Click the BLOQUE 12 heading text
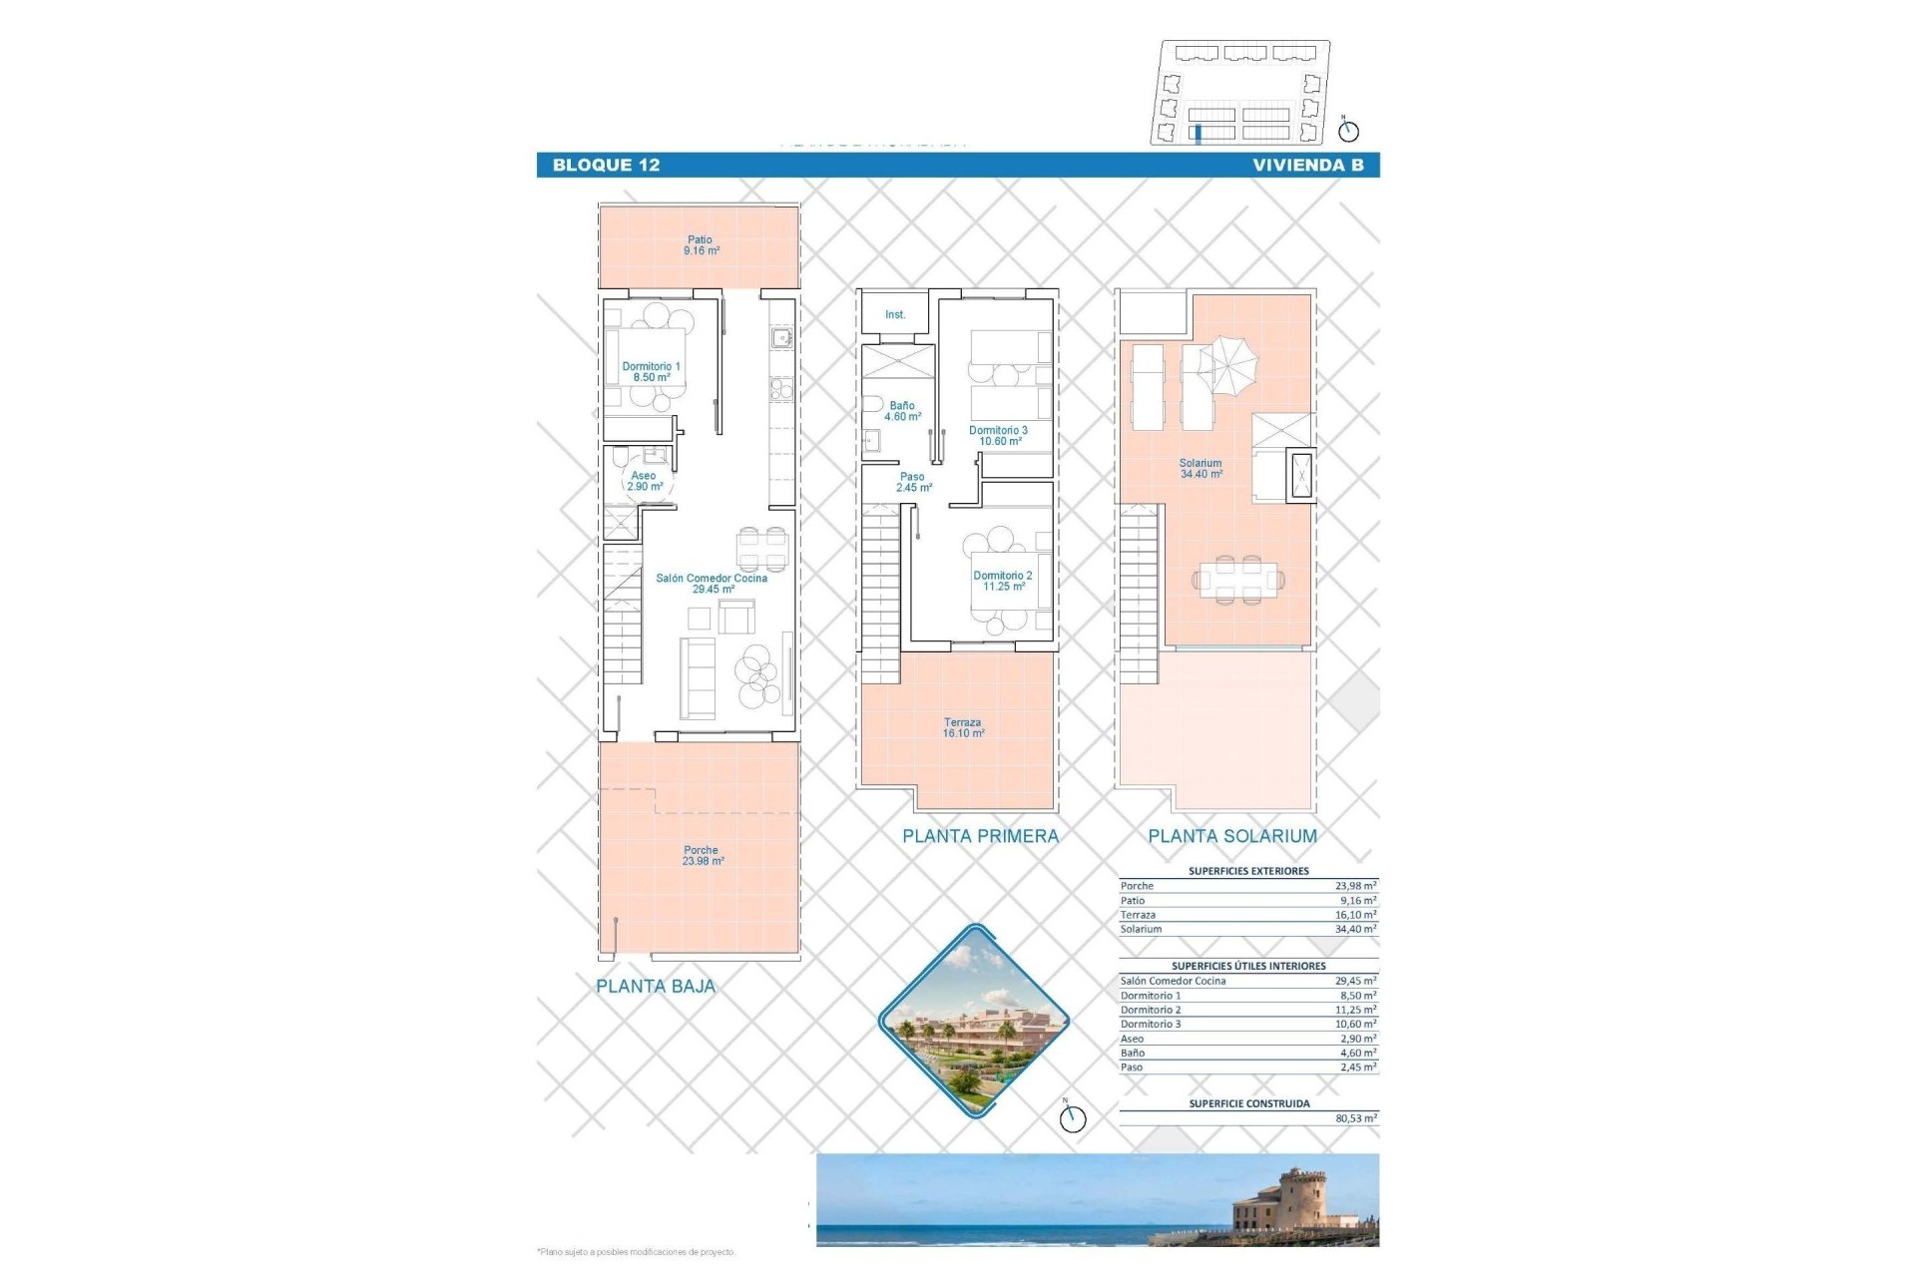(x=606, y=166)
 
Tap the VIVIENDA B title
(x=1307, y=166)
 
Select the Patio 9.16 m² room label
(x=701, y=245)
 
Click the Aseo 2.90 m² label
(x=644, y=481)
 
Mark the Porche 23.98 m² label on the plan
(x=702, y=856)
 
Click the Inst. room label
(x=895, y=315)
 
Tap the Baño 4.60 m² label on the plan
(x=901, y=411)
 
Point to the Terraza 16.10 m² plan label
(x=962, y=728)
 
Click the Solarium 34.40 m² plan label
(x=1200, y=469)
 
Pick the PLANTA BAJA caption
(x=656, y=987)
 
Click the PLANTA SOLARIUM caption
(x=1231, y=837)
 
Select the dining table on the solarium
(x=1238, y=580)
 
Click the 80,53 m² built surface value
(x=1355, y=1119)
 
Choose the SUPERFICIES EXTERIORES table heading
(x=1248, y=871)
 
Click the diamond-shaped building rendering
(x=973, y=1021)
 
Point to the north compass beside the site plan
(x=1348, y=130)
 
